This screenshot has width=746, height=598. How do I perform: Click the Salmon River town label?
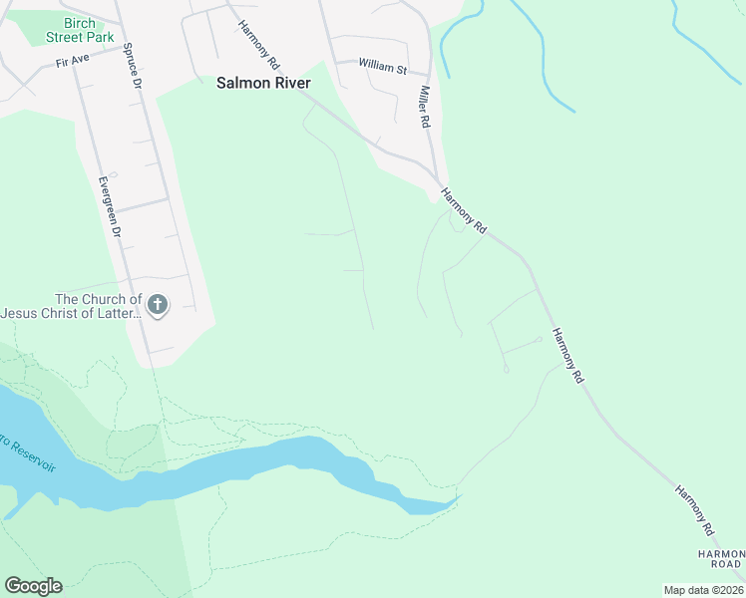pyautogui.click(x=263, y=84)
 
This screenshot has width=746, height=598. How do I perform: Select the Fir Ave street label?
pyautogui.click(x=73, y=62)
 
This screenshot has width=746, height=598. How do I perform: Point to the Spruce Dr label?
pyautogui.click(x=132, y=64)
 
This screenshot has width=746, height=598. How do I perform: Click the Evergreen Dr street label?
pyautogui.click(x=109, y=206)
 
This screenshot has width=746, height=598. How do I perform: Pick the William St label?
pyautogui.click(x=383, y=67)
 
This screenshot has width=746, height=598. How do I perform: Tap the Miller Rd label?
pyautogui.click(x=424, y=106)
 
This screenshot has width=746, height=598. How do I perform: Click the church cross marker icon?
pyautogui.click(x=157, y=305)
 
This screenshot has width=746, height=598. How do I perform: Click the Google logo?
pyautogui.click(x=33, y=586)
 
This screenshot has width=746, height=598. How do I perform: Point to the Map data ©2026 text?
pyautogui.click(x=703, y=590)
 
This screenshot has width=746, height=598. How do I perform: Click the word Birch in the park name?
pyautogui.click(x=80, y=22)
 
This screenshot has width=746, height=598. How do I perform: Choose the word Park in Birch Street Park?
pyautogui.click(x=101, y=36)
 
